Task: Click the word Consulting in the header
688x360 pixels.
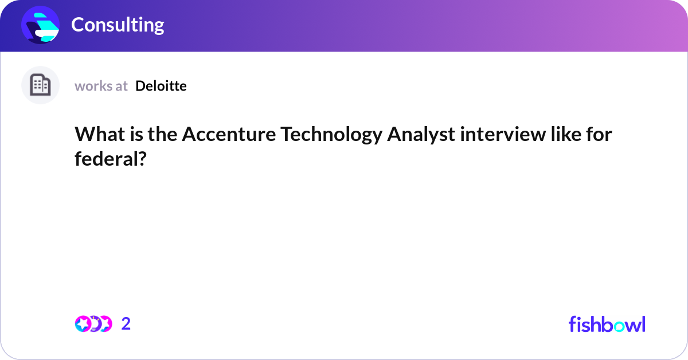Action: coord(118,25)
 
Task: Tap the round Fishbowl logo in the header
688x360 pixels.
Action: coord(41,25)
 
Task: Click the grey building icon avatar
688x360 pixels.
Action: coord(40,85)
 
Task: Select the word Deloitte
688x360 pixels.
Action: coord(161,86)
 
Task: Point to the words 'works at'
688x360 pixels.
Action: coord(101,86)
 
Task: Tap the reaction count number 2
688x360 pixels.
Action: coord(126,324)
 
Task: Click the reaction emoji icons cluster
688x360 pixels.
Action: coord(93,324)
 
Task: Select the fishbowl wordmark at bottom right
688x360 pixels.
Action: coord(607,324)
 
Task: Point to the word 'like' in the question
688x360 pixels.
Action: coord(565,135)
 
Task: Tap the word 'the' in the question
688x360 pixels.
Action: coord(162,135)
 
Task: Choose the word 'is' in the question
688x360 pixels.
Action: coord(136,135)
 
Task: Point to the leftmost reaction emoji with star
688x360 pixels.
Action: coord(83,324)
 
